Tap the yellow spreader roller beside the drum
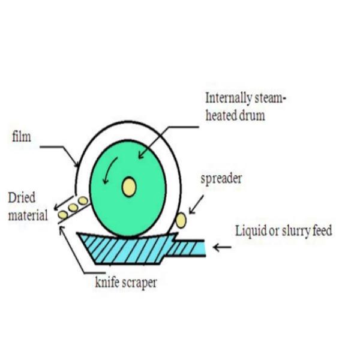click(181, 220)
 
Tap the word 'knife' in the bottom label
click(107, 282)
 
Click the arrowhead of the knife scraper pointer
click(62, 227)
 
